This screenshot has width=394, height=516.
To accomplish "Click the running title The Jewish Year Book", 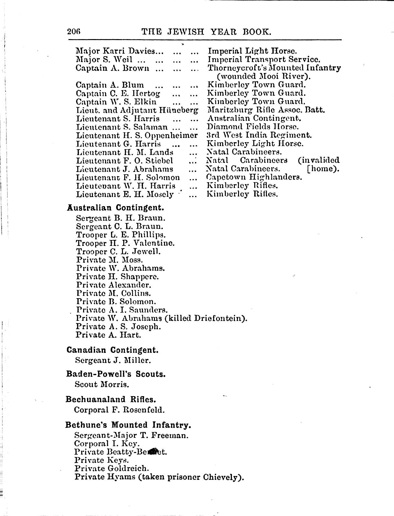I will pyautogui.click(x=206, y=32).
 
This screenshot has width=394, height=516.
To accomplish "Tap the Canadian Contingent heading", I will pyautogui.click(x=112, y=350).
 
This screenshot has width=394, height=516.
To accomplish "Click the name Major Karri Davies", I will pyautogui.click(x=119, y=51).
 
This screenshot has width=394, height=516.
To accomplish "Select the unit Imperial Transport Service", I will pyautogui.click(x=264, y=59).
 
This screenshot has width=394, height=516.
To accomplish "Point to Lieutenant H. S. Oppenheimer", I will pyautogui.click(x=137, y=135).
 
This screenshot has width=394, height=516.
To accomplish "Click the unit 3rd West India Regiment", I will pyautogui.click(x=259, y=135).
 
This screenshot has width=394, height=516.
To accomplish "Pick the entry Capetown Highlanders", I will pyautogui.click(x=254, y=177).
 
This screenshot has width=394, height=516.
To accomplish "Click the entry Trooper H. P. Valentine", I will pyautogui.click(x=125, y=243).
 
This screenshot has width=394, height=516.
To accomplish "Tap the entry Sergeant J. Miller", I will pyautogui.click(x=113, y=360).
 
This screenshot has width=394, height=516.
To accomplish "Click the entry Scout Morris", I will pyautogui.click(x=102, y=384).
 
